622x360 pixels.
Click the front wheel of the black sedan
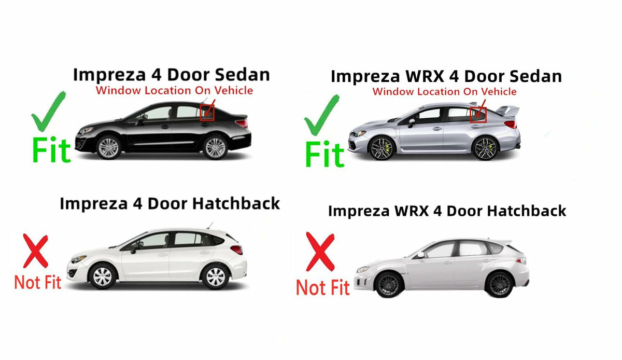108,147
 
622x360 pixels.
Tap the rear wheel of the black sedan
216,147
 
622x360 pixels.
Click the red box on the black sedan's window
207,113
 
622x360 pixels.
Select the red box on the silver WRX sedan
478,115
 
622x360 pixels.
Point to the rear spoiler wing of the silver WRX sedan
507,110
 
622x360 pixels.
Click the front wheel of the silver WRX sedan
382,148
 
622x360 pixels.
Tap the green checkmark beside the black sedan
48,111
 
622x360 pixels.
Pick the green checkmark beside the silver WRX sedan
321,115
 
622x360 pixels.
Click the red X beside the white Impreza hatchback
36,251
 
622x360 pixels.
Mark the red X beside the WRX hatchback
320,252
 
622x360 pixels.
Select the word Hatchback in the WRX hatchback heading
527,211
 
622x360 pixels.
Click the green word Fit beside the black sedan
51,150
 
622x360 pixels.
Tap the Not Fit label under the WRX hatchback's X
322,287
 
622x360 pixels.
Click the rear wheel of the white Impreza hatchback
215,276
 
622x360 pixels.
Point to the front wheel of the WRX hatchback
389,285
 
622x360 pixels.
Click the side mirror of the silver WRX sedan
411,122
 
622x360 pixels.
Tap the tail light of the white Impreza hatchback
236,250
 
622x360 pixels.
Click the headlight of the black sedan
86,130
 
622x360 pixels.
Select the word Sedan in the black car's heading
242,75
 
